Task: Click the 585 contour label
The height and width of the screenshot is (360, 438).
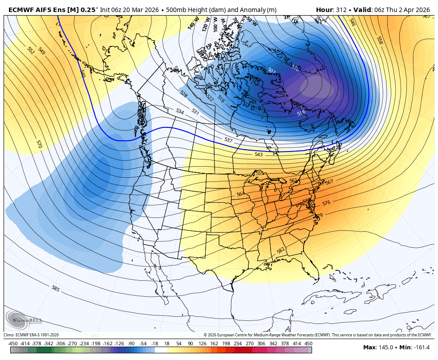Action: click(x=56, y=289)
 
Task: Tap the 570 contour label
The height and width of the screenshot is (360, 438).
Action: click(x=39, y=144)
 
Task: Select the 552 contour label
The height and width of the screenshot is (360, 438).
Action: click(x=31, y=50)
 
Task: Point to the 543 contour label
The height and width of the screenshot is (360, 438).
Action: click(x=259, y=155)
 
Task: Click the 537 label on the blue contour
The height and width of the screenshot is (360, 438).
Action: click(x=228, y=140)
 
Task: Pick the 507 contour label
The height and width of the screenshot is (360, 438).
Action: click(x=272, y=70)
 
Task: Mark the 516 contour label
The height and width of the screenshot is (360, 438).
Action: click(x=301, y=113)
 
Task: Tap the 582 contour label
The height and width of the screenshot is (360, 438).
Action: click(x=280, y=250)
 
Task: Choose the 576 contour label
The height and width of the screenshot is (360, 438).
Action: click(x=326, y=203)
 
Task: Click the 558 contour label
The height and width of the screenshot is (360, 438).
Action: click(x=379, y=40)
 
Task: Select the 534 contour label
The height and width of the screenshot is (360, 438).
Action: click(x=180, y=111)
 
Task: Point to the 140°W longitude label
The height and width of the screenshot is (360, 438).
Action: click(x=193, y=23)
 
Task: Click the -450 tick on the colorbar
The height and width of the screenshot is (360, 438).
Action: click(x=13, y=344)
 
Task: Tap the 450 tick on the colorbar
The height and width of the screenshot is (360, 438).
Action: click(x=308, y=344)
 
